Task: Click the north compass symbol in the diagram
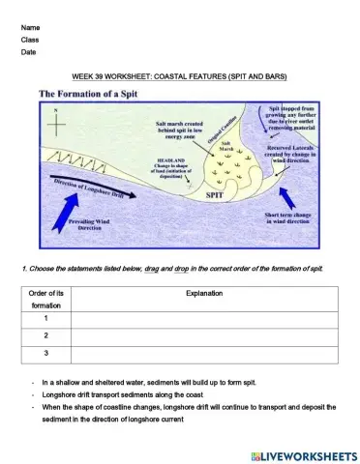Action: click(57, 124)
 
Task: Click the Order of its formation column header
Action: click(45, 298)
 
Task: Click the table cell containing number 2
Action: click(45, 334)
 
